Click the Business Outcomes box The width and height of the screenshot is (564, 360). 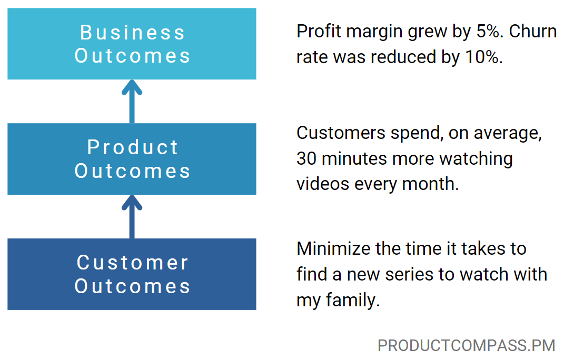(132, 44)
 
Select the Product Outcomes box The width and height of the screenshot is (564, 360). (132, 159)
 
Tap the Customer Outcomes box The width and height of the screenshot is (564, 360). (132, 274)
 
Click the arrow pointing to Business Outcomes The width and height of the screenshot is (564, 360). (132, 102)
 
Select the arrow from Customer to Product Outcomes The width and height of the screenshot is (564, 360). (132, 217)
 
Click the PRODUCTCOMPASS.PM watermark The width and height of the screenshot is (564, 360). (466, 346)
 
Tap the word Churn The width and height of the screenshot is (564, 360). (533, 32)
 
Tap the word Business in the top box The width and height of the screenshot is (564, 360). (132, 33)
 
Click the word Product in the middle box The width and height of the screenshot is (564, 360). (132, 147)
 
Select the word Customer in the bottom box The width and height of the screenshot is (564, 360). (132, 263)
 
